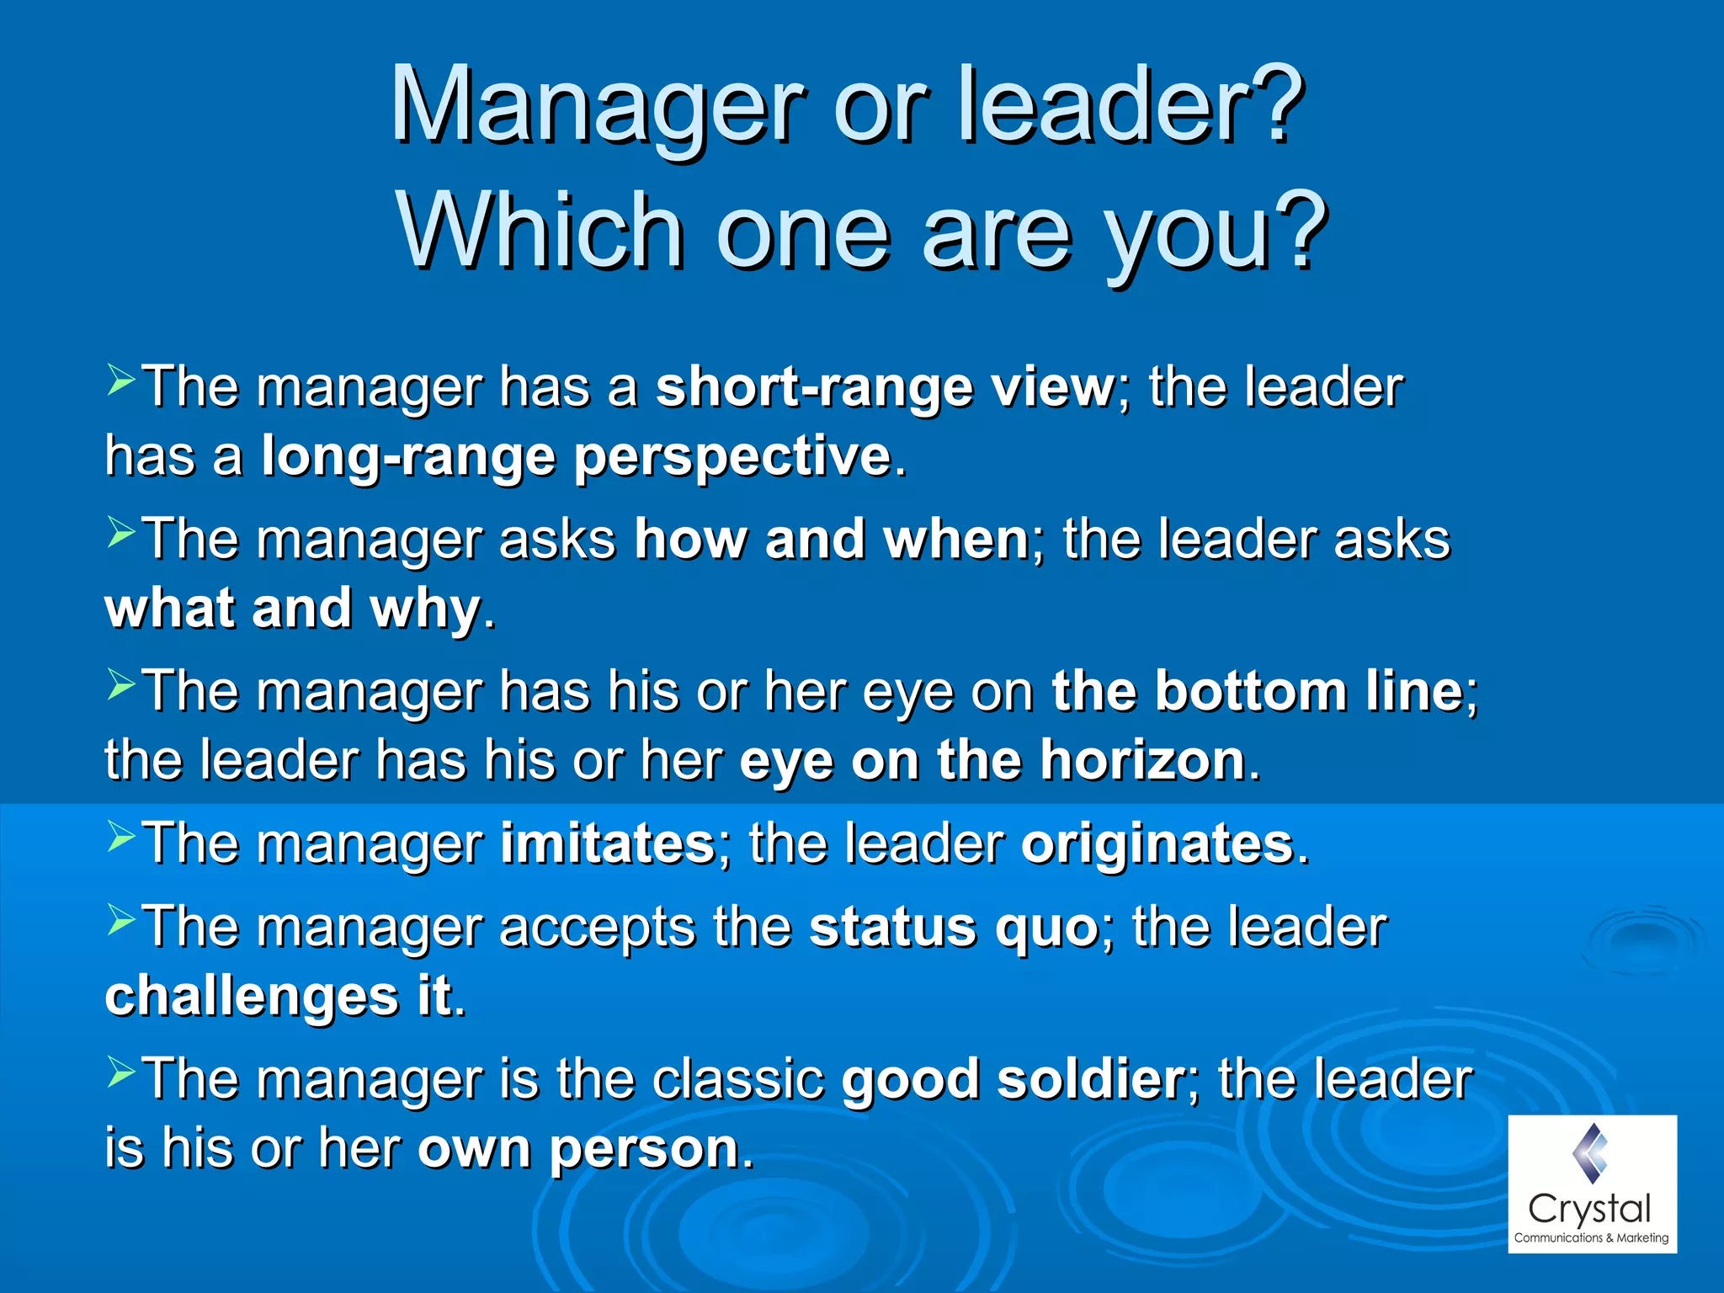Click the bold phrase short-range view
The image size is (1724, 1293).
pyautogui.click(x=885, y=388)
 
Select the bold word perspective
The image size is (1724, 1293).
pyautogui.click(x=732, y=457)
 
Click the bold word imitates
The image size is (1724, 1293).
pyautogui.click(x=607, y=843)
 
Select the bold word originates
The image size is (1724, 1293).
pyautogui.click(x=1157, y=843)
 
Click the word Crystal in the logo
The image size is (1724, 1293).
pyautogui.click(x=1589, y=1210)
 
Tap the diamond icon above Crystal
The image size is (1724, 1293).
pyautogui.click(x=1589, y=1152)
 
